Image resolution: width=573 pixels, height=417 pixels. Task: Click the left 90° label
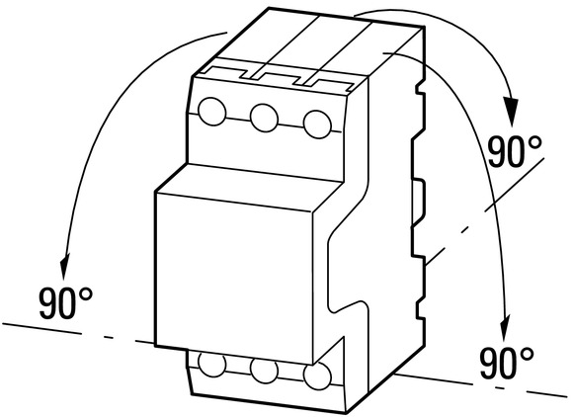[x=66, y=303]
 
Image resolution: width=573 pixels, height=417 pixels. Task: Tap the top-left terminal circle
[x=212, y=112]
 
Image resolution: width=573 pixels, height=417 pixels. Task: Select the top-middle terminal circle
[x=264, y=118]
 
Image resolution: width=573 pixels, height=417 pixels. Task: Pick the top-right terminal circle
[x=317, y=125]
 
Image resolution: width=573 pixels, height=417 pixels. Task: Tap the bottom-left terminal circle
[x=212, y=364]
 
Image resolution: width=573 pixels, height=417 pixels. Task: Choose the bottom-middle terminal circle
[x=264, y=371]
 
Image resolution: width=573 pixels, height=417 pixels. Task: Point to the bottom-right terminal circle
[x=317, y=376]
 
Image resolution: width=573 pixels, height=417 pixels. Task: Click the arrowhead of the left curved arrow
[x=65, y=264]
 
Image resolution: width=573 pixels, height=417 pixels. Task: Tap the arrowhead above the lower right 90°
[x=505, y=326]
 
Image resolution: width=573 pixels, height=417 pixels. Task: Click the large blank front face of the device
[x=234, y=278]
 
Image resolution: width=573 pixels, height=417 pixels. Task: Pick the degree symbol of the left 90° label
[x=86, y=293]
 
